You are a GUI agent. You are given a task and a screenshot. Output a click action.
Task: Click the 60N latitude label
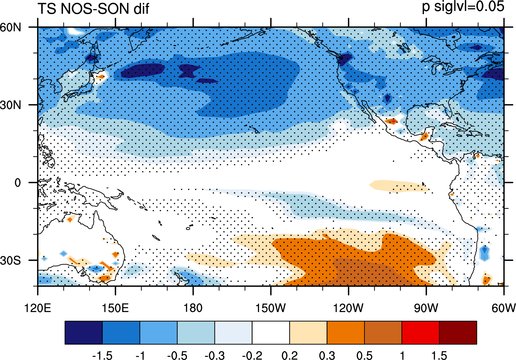point(11,28)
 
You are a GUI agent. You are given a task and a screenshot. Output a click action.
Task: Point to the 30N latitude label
point(11,105)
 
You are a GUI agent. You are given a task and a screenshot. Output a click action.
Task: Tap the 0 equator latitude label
point(18,183)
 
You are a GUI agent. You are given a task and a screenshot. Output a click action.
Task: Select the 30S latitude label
point(11,261)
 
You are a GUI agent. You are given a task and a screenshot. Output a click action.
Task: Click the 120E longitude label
point(38,308)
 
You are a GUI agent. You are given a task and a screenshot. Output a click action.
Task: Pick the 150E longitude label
point(115,308)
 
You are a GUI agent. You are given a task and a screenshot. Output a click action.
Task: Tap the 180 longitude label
point(193,308)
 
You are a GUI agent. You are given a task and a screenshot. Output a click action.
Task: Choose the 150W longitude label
point(271,308)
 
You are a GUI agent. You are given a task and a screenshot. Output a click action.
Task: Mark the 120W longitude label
point(348,308)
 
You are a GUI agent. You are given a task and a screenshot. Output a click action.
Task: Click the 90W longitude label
point(426,308)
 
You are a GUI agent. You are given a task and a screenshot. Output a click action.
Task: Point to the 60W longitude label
point(504,308)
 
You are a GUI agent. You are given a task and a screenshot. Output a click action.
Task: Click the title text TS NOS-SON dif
point(94,9)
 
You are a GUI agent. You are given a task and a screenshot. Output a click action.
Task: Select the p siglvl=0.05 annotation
point(463,7)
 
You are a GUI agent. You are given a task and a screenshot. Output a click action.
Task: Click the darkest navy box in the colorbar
point(83,332)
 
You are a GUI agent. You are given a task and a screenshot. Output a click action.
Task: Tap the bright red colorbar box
point(421,332)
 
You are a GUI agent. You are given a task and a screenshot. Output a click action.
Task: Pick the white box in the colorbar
point(271,332)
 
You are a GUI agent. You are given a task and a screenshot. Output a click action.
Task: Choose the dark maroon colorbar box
point(458,332)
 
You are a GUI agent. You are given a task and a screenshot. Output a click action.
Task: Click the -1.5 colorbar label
point(102,355)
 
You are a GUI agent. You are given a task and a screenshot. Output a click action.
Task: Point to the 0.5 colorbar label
point(364,355)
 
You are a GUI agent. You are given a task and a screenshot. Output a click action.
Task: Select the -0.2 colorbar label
point(252,355)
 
